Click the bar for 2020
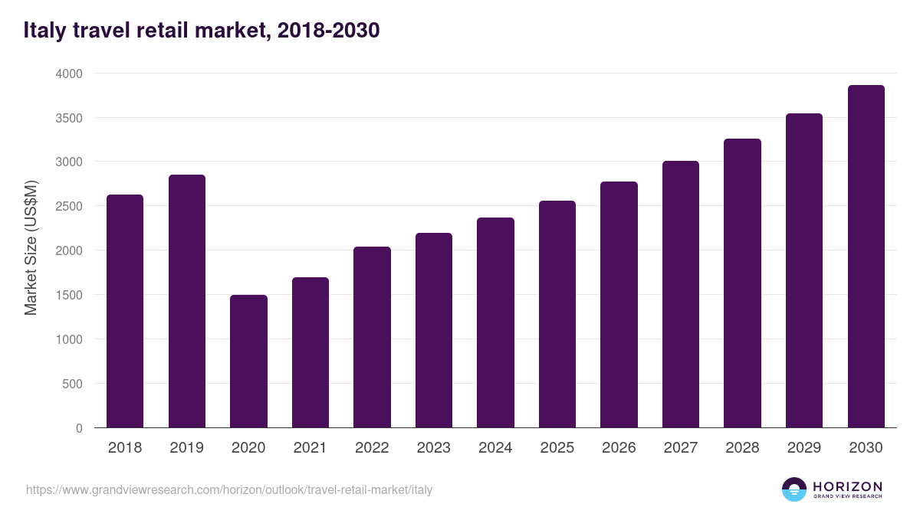[x=248, y=362]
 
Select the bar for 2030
[x=866, y=257]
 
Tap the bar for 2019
[x=187, y=301]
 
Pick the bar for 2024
[x=495, y=322]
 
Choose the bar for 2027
[x=681, y=294]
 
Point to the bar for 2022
[x=372, y=337]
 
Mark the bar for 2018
[x=125, y=311]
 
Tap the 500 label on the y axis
[x=73, y=384]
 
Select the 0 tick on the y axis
[x=79, y=428]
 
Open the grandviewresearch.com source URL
[x=229, y=489]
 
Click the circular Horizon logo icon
[x=794, y=489]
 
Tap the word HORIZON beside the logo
[x=847, y=486]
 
